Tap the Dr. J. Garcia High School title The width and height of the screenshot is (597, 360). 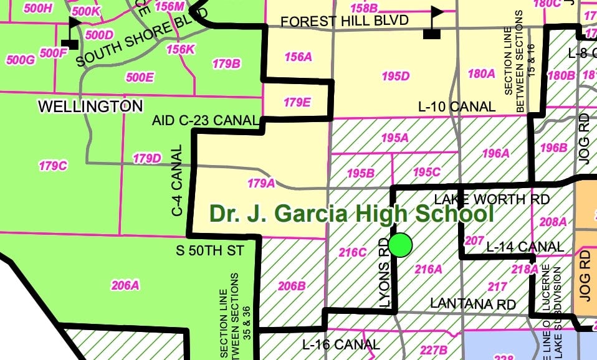pos(351,214)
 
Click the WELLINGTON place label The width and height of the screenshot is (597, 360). pos(90,106)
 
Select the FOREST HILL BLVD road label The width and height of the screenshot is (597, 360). pos(345,21)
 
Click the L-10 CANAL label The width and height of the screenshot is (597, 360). pos(457,107)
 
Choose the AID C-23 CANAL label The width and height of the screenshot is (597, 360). pos(206,120)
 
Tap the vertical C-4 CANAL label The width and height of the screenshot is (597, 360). pos(177,181)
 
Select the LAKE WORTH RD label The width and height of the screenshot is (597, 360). pos(492,199)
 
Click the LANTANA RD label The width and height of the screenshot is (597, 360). pos(473,304)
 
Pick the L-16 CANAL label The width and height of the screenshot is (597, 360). pos(340,344)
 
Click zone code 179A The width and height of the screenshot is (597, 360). pos(261,183)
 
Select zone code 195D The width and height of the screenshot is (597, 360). pos(396,76)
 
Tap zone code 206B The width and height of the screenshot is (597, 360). pos(292,286)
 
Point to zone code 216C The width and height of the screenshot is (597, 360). pos(353,252)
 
